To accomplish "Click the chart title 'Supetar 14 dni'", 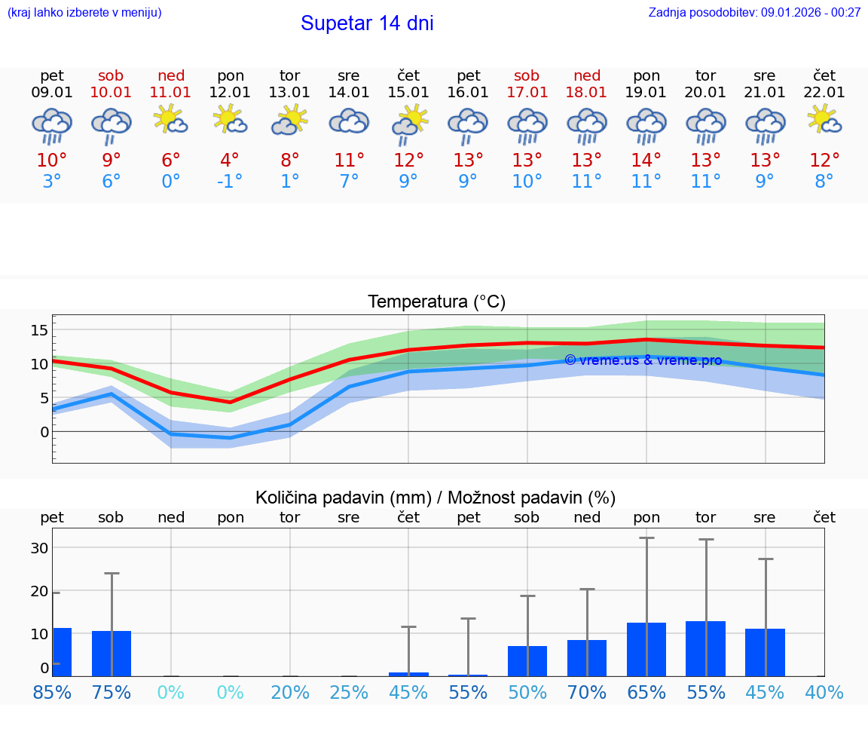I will coord(367,23).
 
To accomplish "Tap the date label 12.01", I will coord(231,93).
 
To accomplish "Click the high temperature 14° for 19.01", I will coord(646,161).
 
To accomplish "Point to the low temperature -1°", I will coord(230,182).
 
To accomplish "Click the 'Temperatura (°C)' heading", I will coord(436,302).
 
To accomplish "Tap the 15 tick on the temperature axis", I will coord(39,330).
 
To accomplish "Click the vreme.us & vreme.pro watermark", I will coord(643,360).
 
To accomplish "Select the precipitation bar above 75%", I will coord(112,654).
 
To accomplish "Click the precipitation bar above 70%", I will coord(587,658).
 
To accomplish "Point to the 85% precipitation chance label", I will coord(52,693).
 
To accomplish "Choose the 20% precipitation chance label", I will coord(290,693).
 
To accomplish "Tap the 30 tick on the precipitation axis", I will coord(39,548).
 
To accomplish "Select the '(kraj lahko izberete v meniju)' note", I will coord(84,13).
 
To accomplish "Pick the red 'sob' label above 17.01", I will coord(527,76).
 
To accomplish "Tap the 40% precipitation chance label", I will coord(824,693).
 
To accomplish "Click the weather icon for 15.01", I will coord(408,123).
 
